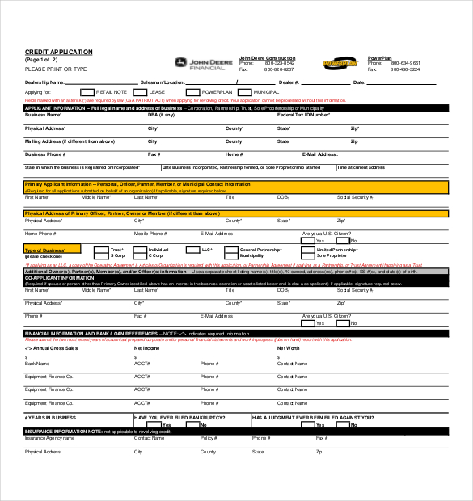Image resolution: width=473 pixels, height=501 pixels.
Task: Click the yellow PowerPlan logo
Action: click(339, 64)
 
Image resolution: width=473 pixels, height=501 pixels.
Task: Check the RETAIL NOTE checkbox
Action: click(89, 92)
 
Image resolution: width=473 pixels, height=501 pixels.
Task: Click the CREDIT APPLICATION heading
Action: click(59, 52)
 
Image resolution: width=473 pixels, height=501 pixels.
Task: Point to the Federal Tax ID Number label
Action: click(303, 115)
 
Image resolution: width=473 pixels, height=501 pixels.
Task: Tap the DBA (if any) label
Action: click(160, 115)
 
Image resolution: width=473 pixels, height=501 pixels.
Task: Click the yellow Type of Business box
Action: click(53, 250)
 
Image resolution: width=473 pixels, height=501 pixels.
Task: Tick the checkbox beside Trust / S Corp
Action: click(101, 251)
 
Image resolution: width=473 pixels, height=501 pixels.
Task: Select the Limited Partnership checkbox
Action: click(308, 251)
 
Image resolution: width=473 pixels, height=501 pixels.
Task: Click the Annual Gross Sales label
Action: click(51, 347)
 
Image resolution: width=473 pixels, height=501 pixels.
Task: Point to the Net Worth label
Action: click(289, 347)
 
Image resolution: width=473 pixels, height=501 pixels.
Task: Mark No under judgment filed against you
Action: click(332, 424)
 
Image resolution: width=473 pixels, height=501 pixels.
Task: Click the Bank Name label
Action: click(37, 364)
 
